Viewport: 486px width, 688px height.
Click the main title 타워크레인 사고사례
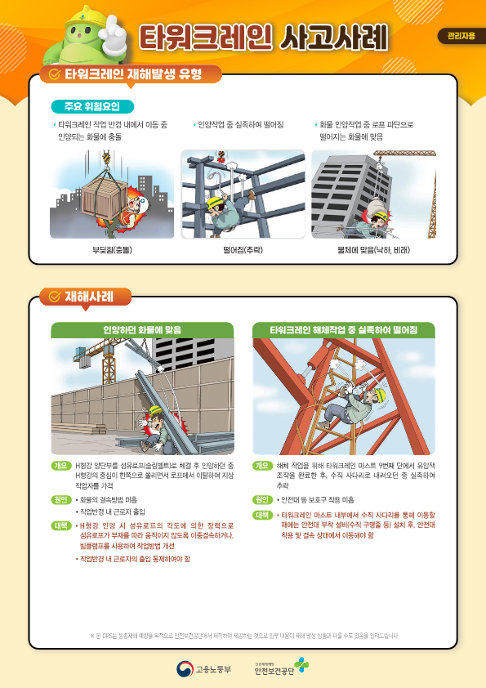261,37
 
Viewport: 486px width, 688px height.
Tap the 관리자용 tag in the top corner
461,36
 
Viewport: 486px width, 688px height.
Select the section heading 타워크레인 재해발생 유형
135,74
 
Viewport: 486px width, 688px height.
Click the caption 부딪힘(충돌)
112,249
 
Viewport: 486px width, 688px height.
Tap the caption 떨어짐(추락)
243,249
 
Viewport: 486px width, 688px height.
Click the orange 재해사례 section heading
85,296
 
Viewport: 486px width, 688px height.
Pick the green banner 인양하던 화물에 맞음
142,330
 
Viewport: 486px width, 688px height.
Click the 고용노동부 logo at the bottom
204,669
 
